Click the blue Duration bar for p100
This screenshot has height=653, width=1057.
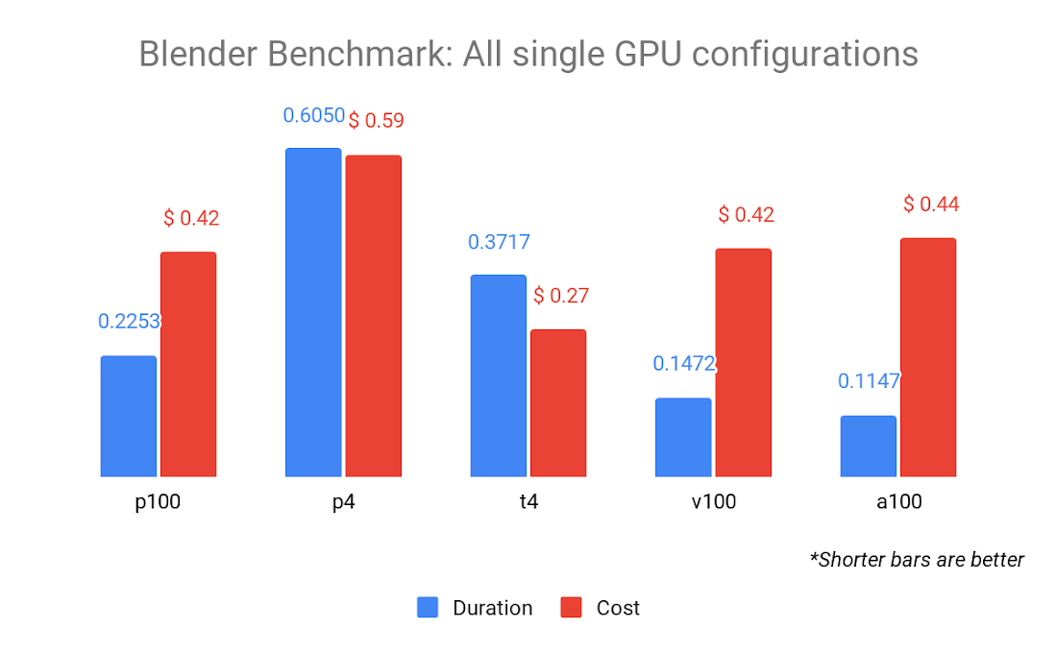coord(128,416)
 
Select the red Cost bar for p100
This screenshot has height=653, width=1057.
coord(188,364)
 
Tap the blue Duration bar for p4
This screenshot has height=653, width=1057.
coord(313,312)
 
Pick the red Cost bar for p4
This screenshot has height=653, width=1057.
coord(373,316)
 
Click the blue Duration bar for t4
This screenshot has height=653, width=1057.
coord(498,375)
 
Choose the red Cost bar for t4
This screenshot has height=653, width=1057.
coord(558,402)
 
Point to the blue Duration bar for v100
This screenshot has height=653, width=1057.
coord(683,437)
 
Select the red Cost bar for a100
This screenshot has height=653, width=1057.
coord(928,357)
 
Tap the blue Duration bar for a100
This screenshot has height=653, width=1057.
coord(868,446)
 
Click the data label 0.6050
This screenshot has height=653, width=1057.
coord(313,116)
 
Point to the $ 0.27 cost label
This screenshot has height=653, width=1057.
coord(561,296)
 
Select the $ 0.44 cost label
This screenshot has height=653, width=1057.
coord(931,205)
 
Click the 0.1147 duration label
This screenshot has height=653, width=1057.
coord(869,381)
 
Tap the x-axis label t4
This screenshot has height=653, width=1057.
coord(528,501)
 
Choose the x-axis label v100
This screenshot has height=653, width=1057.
coord(712,501)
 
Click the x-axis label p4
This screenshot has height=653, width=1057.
coord(343,501)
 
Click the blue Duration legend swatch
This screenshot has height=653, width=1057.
coord(428,608)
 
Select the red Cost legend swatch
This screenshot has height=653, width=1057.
coord(572,608)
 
